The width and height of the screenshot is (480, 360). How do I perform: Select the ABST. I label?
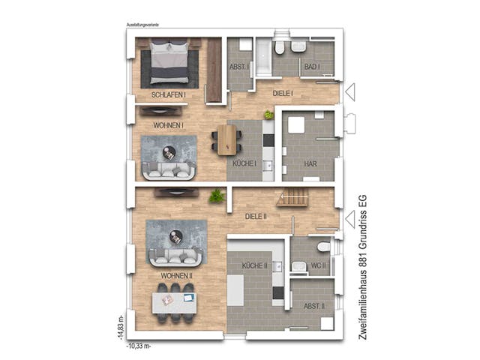[x=241, y=67]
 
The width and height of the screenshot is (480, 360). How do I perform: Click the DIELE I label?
[x=282, y=93]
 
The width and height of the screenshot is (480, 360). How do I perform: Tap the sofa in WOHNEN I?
[x=171, y=172]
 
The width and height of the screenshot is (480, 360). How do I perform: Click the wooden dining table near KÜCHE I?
[x=227, y=139]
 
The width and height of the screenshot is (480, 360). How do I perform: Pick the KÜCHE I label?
[x=244, y=163]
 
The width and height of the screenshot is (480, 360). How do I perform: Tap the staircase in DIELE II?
[x=292, y=198]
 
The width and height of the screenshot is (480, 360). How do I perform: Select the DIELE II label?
[x=256, y=216]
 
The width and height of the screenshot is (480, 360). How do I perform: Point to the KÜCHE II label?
[x=255, y=266]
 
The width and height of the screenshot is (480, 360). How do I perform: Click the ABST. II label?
[x=313, y=306]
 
